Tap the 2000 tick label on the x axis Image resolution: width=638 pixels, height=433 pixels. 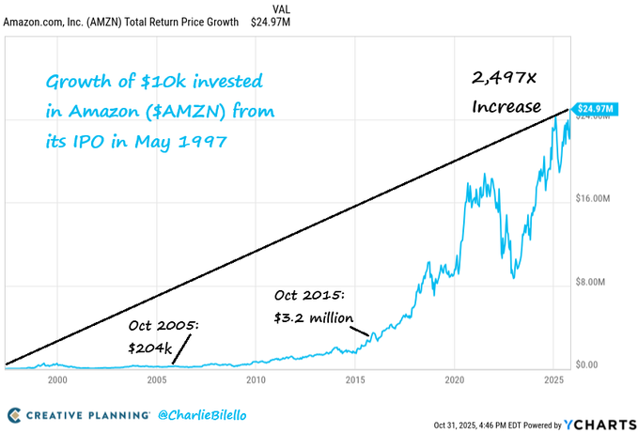point(57,380)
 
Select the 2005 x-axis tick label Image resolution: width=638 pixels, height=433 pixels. point(155,380)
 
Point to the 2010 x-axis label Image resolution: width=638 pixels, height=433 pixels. point(255,380)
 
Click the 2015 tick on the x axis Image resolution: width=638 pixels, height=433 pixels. point(354,380)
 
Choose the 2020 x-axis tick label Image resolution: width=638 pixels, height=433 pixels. point(454,380)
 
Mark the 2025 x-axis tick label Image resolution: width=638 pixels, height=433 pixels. point(553,380)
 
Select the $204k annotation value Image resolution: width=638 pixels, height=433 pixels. point(151,348)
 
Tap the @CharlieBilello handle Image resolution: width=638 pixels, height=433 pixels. point(203,414)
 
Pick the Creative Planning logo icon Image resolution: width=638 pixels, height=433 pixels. point(14,414)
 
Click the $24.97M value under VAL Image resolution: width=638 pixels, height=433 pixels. point(271,23)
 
